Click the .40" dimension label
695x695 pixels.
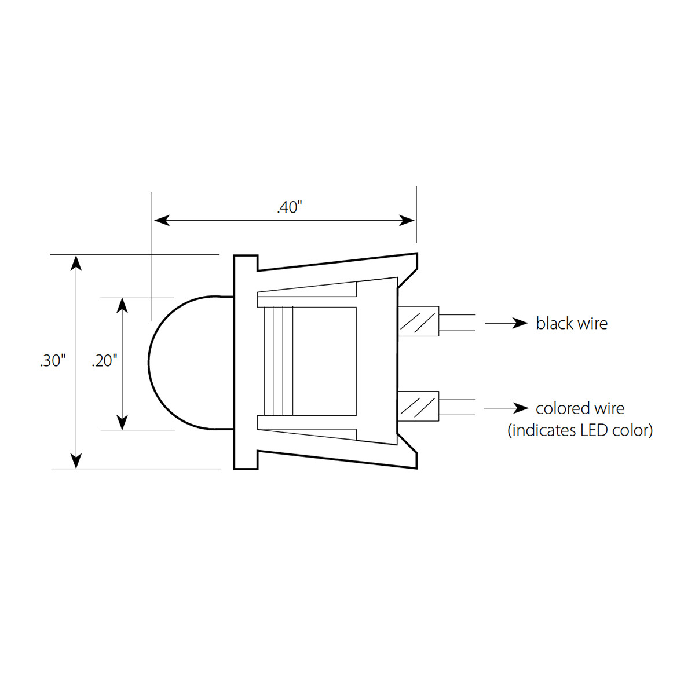click(290, 207)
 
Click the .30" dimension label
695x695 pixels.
click(53, 361)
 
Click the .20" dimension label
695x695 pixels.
click(104, 361)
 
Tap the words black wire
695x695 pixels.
click(572, 323)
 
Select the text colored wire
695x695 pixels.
click(580, 408)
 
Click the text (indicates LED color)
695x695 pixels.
click(580, 430)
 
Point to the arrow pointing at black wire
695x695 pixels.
click(506, 323)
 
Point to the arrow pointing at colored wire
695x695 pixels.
click(506, 408)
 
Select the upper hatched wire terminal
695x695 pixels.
click(418, 321)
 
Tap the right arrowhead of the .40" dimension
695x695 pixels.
click(408, 220)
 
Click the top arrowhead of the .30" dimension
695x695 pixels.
click(76, 262)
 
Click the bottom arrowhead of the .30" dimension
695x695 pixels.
click(76, 460)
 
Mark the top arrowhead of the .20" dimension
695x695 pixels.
click(122, 305)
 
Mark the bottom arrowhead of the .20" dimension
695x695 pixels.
click(122, 423)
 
